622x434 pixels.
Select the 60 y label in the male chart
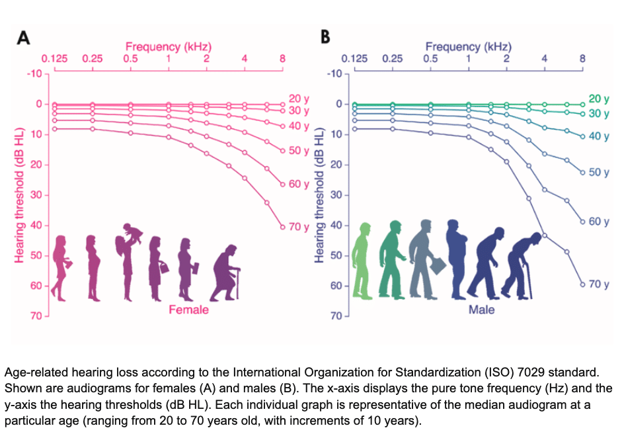pos(598,221)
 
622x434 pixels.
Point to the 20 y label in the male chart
pos(598,99)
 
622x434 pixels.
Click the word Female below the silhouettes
pos(188,310)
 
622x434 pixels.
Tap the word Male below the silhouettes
pos(481,310)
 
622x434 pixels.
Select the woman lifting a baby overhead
pos(129,261)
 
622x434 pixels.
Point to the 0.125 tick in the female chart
pos(54,58)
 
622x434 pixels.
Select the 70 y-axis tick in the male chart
pos(336,316)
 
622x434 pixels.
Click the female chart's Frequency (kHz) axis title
pos(169,47)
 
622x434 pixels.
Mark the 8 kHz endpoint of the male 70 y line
pos(582,284)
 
